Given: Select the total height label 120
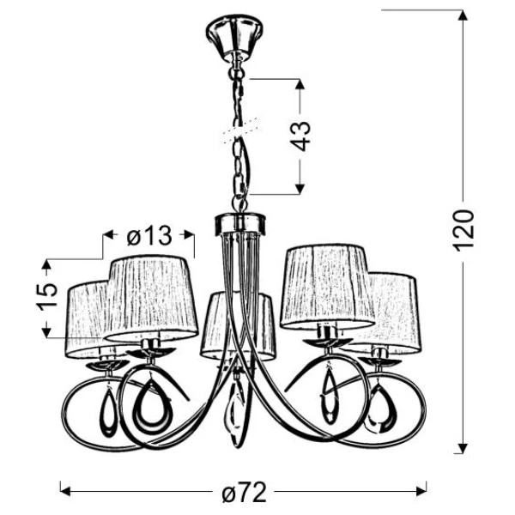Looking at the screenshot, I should [x=463, y=230].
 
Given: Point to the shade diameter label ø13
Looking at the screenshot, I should [x=148, y=234].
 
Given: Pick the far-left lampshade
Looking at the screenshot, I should [x=86, y=318].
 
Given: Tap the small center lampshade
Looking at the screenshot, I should [x=236, y=326].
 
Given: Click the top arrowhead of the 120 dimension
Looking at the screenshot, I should [x=463, y=15].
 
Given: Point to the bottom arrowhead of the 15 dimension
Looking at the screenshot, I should [x=49, y=334].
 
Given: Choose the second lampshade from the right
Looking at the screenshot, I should [x=326, y=286].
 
